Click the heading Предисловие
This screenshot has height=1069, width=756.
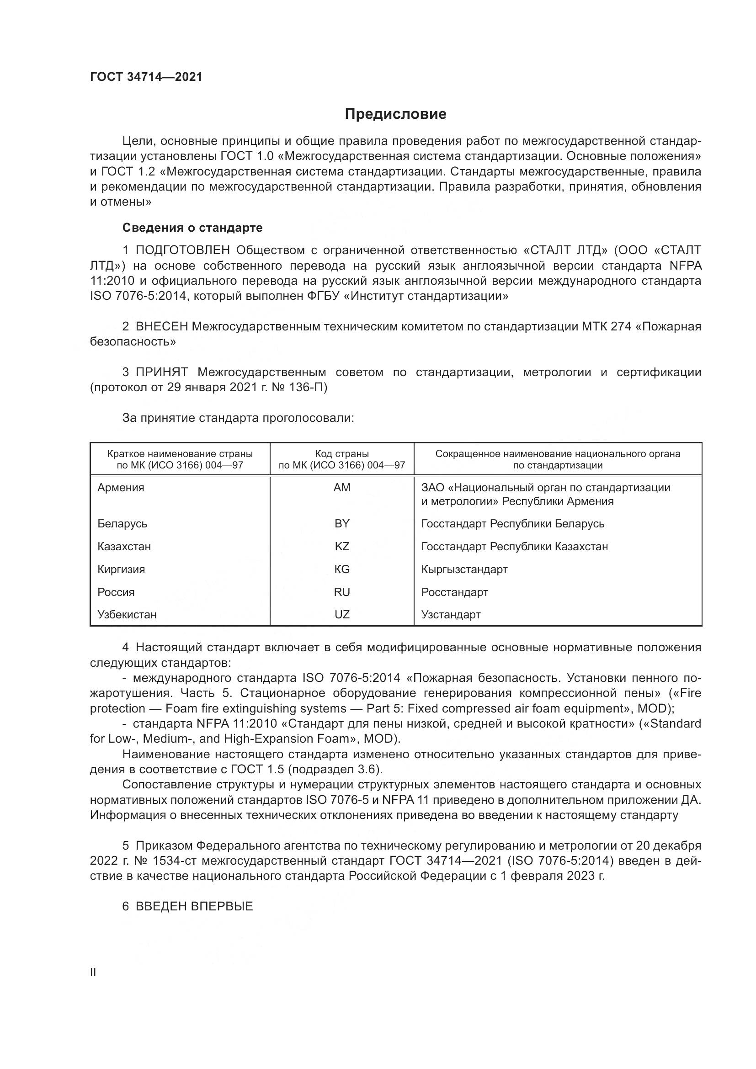[395, 114]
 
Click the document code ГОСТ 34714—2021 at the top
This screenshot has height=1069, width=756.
[146, 77]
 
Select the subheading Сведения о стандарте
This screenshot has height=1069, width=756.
[192, 228]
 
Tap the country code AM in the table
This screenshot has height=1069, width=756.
[342, 488]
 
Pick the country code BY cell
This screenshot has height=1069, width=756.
[342, 523]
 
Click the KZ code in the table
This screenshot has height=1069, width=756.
[342, 546]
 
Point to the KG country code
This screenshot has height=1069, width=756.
[342, 569]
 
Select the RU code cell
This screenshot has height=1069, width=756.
[342, 592]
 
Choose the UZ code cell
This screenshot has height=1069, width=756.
[342, 614]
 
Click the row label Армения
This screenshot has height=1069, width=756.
[121, 488]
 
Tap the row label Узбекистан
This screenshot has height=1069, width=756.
[127, 614]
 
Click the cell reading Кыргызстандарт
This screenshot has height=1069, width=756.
[464, 569]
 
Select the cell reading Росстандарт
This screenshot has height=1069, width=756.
[454, 592]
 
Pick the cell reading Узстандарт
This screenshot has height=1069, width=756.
[451, 614]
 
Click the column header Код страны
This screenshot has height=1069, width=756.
[342, 453]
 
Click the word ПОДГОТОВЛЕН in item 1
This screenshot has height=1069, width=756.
[182, 250]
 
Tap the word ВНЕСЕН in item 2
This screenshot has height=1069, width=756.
[161, 326]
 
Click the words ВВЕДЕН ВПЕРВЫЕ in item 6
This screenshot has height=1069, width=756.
[194, 906]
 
